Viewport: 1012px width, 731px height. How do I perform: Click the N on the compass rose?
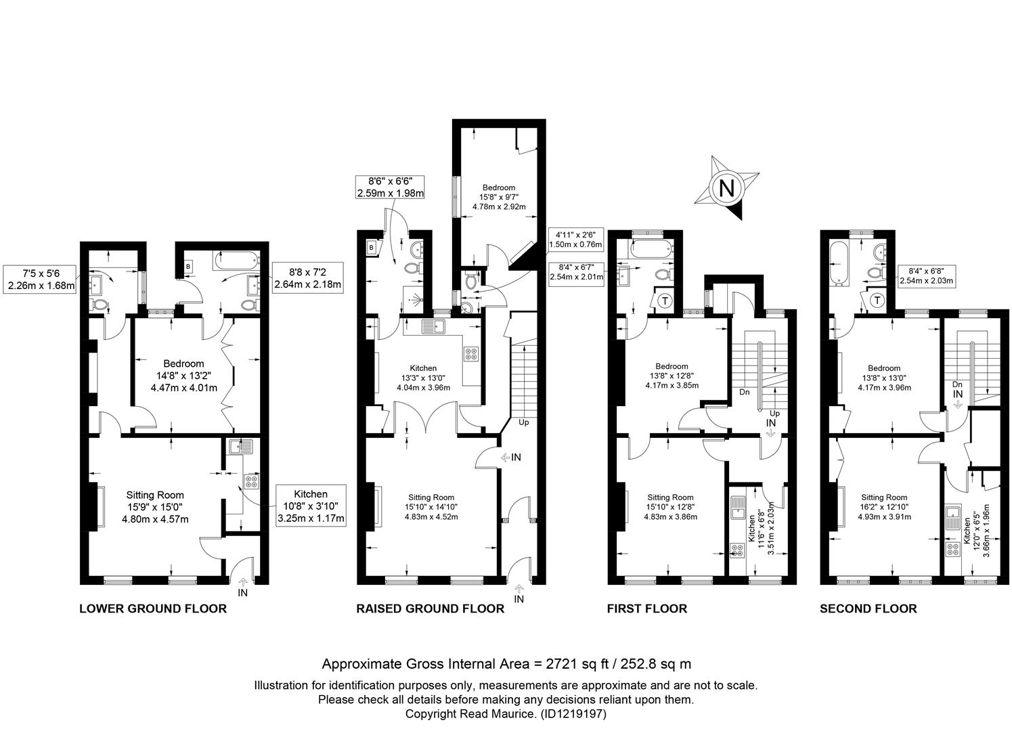point(726,187)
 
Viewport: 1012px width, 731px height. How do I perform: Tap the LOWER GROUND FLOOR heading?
point(153,608)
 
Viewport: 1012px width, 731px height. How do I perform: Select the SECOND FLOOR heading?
point(868,608)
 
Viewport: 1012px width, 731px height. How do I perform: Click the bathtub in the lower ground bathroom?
point(236,260)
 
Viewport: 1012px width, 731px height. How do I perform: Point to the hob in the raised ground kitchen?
point(470,354)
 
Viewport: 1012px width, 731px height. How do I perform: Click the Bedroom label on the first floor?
point(672,366)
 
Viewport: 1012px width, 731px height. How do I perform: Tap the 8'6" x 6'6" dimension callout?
point(391,187)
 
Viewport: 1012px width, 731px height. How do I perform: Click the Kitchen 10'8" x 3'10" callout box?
point(311,506)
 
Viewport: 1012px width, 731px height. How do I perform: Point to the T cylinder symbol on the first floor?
point(665,300)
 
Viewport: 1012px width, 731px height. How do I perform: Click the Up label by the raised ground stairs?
point(524,422)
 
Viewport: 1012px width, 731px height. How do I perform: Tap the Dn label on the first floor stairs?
point(745,392)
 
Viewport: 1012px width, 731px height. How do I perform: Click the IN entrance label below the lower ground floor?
point(242,592)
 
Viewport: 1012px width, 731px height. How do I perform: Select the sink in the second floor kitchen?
point(952,518)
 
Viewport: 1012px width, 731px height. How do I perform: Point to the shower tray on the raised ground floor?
point(414,299)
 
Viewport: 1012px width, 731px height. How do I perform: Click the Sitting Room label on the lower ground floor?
point(155,495)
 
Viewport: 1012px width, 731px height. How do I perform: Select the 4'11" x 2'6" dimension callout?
point(575,240)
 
